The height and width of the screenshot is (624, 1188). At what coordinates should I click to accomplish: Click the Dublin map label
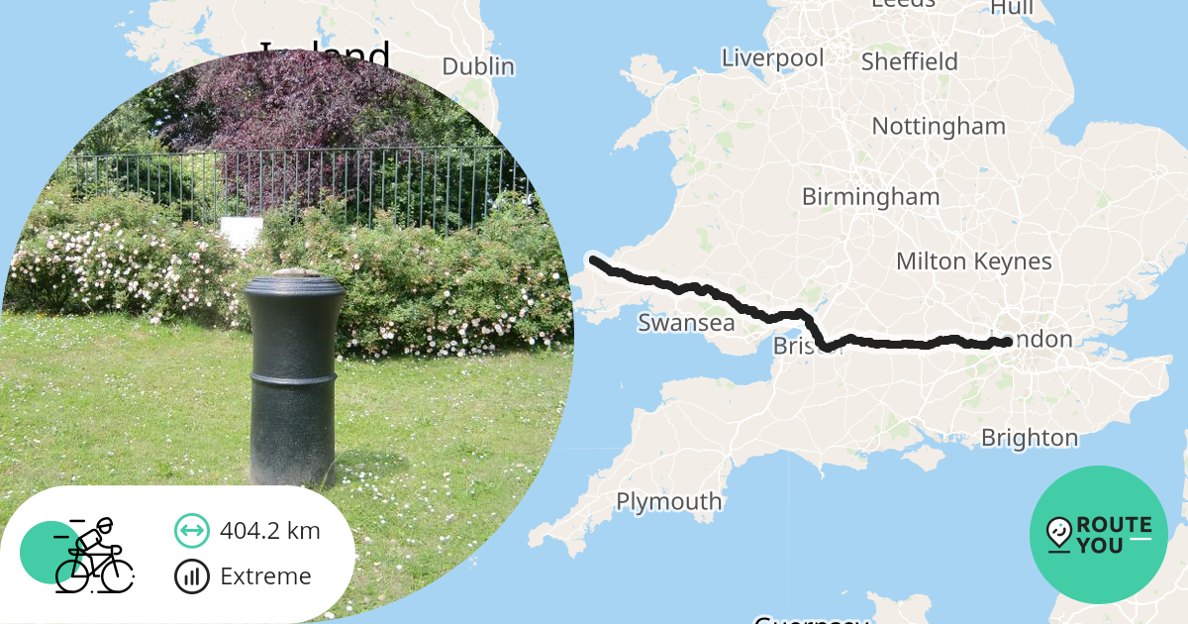(478, 66)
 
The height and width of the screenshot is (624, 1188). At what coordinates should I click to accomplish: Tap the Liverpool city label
(772, 57)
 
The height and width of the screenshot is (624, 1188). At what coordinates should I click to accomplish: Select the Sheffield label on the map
(909, 61)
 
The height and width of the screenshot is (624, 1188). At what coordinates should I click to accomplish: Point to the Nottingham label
(938, 126)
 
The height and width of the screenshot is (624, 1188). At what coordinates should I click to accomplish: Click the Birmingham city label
(870, 196)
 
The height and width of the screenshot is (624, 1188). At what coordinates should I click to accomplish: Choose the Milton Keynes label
(973, 260)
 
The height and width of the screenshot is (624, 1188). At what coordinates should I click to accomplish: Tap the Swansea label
(686, 323)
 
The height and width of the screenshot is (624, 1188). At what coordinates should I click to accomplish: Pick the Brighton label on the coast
(1029, 437)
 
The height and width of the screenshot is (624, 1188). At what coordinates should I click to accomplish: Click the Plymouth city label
(668, 501)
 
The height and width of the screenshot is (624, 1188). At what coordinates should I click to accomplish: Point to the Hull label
(1012, 8)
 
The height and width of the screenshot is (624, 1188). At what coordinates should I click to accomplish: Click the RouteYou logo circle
(1099, 535)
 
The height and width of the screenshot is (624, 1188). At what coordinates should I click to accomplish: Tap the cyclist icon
(93, 556)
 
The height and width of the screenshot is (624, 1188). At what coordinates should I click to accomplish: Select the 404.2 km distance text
(270, 531)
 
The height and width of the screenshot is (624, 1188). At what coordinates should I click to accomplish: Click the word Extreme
(265, 576)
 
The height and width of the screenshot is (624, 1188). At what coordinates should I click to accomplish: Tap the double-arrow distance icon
(191, 531)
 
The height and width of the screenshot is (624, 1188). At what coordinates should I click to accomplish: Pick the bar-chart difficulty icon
(191, 576)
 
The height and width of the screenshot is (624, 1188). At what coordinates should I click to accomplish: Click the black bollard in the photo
(294, 376)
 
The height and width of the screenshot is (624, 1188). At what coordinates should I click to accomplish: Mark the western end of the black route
(593, 260)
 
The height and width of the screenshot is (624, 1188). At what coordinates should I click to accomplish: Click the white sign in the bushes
(241, 233)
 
